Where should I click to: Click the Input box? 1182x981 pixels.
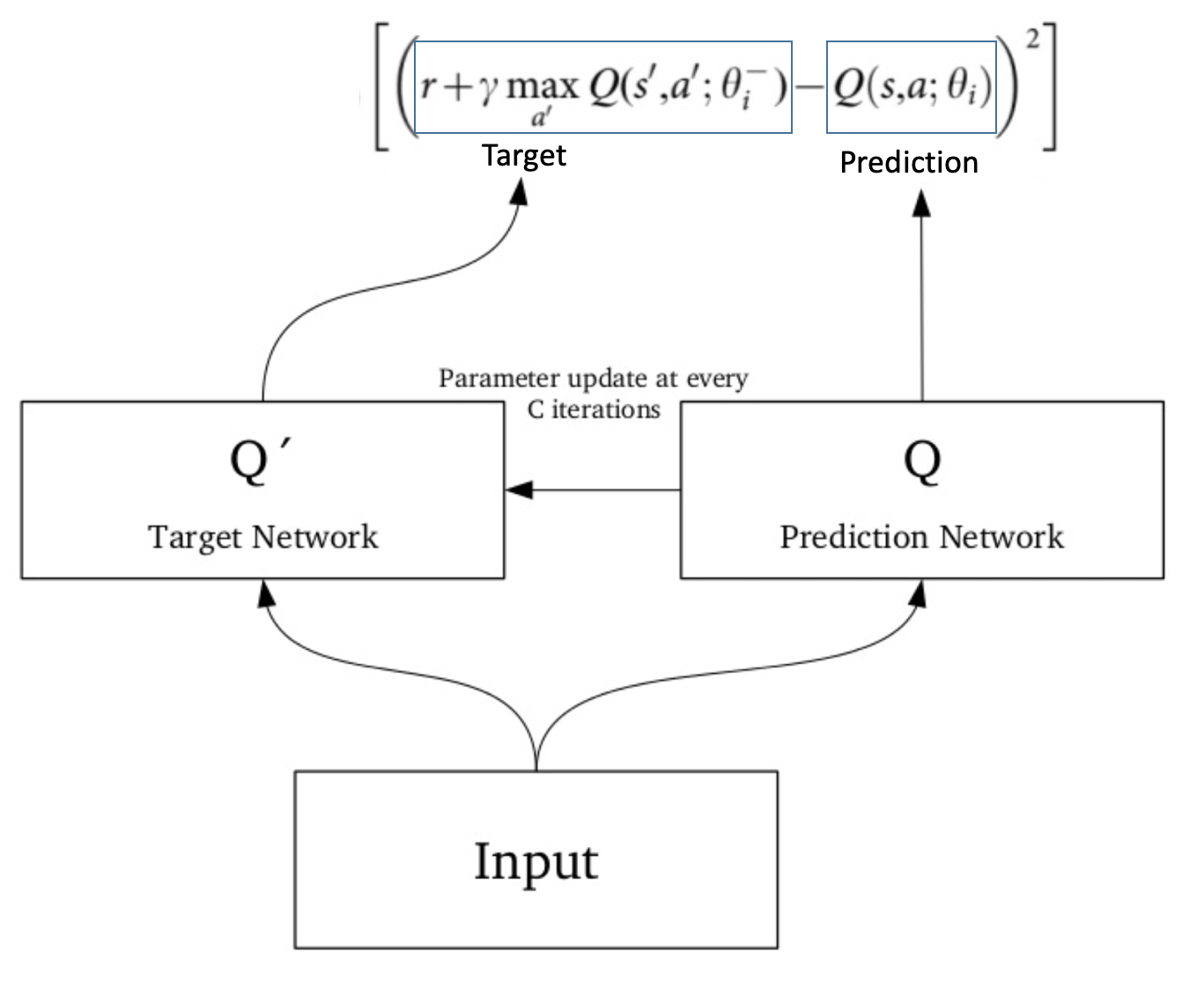tap(536, 859)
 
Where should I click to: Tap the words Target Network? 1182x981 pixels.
tap(262, 536)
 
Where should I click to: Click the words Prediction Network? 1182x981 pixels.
tap(921, 536)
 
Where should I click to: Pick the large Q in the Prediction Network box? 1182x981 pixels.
tap(921, 461)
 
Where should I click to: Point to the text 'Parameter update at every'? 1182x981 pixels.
tap(593, 379)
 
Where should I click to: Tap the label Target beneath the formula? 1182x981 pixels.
tap(524, 155)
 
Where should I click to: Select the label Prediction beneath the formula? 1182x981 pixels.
tap(908, 162)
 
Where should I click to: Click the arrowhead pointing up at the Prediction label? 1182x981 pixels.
tap(921, 203)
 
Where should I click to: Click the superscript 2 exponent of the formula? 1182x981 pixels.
tap(1032, 40)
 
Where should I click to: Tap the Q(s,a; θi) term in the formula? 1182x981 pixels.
tap(911, 87)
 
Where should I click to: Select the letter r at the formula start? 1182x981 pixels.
tap(429, 88)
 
